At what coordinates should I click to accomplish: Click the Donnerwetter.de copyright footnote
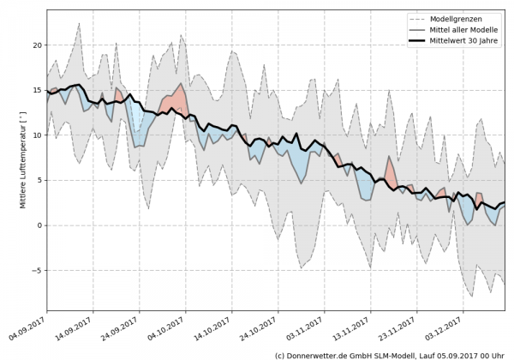390,354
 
